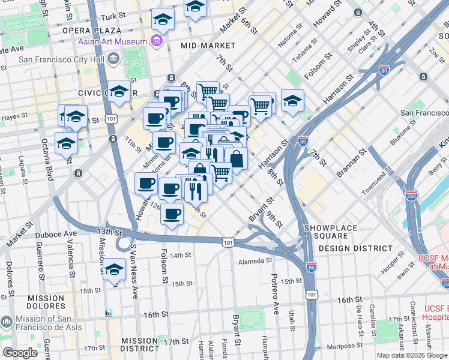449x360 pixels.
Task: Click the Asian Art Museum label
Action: (112, 41)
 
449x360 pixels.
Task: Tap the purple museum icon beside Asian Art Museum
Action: (157, 41)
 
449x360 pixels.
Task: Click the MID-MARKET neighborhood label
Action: (206, 45)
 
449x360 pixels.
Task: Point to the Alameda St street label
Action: (256, 260)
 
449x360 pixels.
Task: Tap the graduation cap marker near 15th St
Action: (113, 271)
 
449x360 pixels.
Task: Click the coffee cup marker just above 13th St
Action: (172, 214)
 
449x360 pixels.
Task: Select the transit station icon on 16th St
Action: (109, 313)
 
